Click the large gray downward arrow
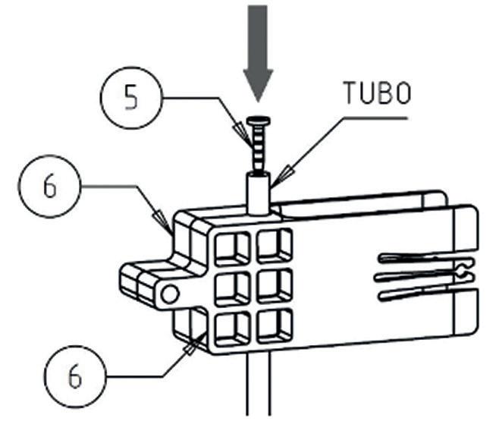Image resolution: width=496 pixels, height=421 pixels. coord(258,54)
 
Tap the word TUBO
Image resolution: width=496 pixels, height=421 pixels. coord(377,93)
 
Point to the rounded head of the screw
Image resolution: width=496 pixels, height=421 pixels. coord(259,121)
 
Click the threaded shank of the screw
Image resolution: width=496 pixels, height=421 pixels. coord(259,149)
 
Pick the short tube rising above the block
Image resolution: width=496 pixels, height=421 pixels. coord(259,193)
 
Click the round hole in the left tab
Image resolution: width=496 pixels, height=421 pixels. coord(170,295)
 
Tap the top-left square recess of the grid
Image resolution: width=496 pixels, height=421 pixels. coord(232,249)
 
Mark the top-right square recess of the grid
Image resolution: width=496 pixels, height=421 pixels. coord(274,246)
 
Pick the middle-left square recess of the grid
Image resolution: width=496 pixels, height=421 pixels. coord(232,290)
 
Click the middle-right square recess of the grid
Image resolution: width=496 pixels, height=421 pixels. coord(274,287)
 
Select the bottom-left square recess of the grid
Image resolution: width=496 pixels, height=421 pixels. coord(232,330)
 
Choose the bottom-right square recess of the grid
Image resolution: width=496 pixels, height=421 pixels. coord(274,327)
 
